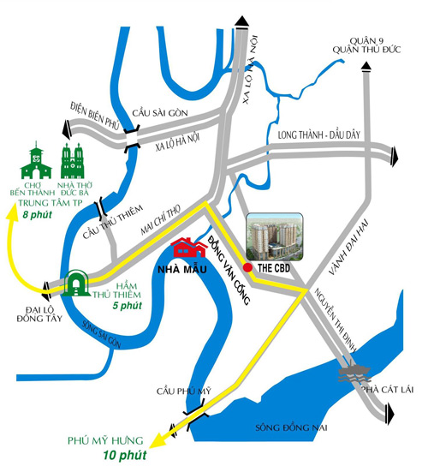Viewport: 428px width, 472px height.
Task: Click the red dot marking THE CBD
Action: point(247,267)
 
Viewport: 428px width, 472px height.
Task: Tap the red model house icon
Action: point(189,248)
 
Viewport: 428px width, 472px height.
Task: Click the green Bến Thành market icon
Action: point(36,160)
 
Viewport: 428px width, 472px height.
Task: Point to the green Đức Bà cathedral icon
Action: point(72,161)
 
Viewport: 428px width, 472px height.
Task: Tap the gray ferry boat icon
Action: point(354,371)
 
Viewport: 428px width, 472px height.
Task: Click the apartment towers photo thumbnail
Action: point(275,236)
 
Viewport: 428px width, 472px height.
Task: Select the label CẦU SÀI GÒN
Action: point(160,113)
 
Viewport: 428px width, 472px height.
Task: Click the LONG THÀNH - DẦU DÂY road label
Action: point(318,134)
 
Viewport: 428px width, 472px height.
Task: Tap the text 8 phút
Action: point(38,215)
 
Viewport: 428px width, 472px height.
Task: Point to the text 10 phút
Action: point(125,455)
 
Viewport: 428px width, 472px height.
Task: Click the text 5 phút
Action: point(128,306)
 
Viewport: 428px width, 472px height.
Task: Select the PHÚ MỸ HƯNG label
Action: point(105,440)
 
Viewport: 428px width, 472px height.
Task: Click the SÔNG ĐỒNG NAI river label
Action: point(291,427)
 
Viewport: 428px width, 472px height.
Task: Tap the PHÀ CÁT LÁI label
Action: point(388,390)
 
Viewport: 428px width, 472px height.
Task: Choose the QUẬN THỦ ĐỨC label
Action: point(366,50)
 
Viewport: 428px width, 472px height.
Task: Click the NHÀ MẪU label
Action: point(182,269)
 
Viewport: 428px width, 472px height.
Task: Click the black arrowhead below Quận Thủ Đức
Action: point(366,67)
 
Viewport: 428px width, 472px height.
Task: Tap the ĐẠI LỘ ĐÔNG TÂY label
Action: point(39,314)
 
